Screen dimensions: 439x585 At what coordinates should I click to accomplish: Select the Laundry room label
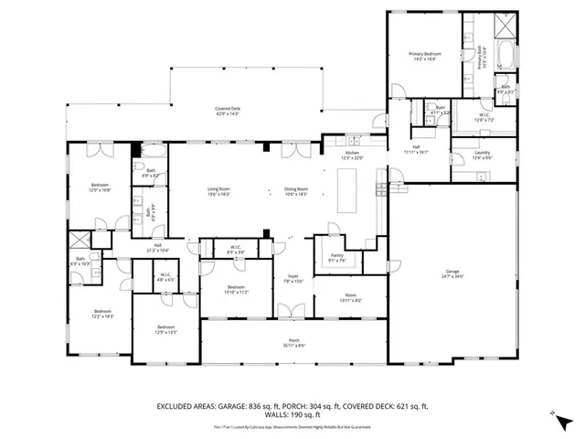point(483,156)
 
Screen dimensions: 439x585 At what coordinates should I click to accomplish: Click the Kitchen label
point(352,156)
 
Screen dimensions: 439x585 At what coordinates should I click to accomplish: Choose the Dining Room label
point(296,190)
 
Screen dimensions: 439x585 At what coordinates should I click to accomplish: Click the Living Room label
point(218,190)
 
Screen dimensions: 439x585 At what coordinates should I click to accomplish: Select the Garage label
point(452,273)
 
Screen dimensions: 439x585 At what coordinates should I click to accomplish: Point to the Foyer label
point(292,277)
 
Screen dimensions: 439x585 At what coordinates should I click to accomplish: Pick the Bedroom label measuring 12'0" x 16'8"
point(100,188)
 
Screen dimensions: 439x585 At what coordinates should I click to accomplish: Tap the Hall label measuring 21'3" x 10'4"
point(157,247)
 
